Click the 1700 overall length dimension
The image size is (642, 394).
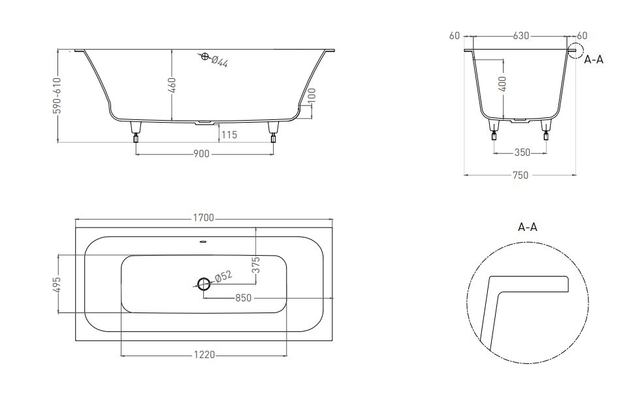[x=204, y=218]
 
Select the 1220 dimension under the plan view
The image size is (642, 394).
[x=204, y=355]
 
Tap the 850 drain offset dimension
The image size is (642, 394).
[x=243, y=298]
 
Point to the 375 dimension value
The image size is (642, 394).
[x=256, y=265]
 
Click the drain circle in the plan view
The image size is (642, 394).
[x=204, y=283]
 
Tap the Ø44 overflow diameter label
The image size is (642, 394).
[x=219, y=61]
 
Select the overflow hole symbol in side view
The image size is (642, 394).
[x=204, y=57]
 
